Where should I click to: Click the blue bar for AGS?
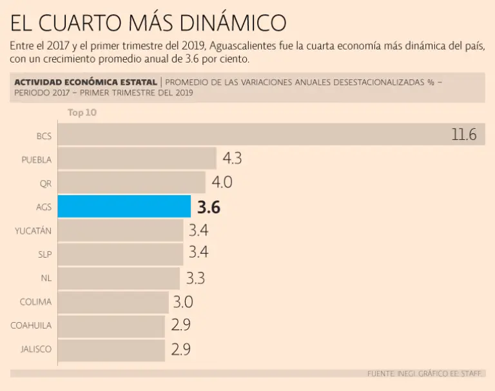124,207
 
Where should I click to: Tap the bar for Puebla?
137,159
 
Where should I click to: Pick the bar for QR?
131,183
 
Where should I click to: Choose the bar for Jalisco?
111,349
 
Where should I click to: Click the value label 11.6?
463,135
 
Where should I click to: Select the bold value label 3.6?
209,207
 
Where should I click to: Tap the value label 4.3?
232,158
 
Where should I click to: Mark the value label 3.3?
195,278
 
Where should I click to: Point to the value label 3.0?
182,301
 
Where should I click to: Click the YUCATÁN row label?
33,231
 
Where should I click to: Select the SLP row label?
44,254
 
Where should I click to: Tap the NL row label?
46,278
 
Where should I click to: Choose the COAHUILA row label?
31,325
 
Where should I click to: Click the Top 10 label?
82,113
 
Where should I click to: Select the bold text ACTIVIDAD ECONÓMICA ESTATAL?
85,82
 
